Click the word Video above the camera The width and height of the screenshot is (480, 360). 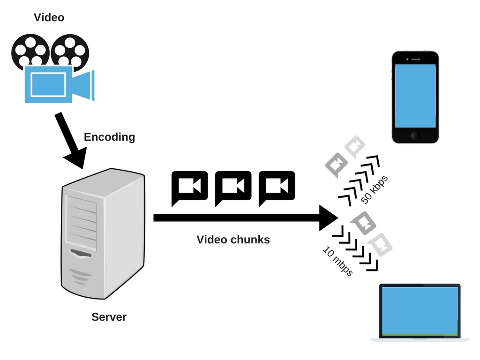tap(49, 18)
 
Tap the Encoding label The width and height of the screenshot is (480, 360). tap(109, 137)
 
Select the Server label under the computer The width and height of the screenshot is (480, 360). tap(109, 317)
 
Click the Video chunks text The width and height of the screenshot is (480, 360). tap(233, 240)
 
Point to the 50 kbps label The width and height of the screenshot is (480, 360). tap(375, 189)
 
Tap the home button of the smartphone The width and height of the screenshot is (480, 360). tap(415, 135)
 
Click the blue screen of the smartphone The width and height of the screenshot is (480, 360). tap(415, 96)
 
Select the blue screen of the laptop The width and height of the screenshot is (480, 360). tap(420, 311)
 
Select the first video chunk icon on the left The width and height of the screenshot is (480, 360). tap(189, 187)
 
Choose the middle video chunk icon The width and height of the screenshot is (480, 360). tap(233, 187)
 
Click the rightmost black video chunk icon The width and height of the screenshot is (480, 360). tap(277, 187)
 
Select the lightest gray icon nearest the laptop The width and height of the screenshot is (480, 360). tap(380, 244)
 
